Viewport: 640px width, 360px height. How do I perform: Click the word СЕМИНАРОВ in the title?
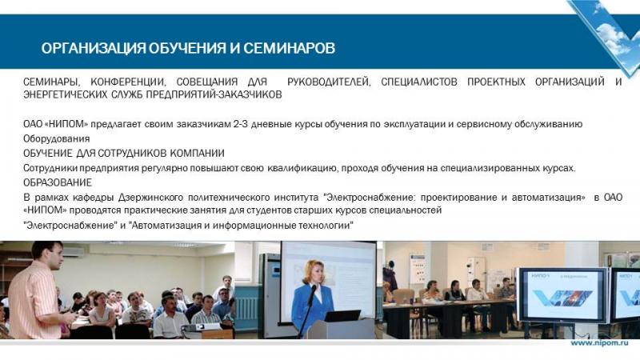tap(289, 48)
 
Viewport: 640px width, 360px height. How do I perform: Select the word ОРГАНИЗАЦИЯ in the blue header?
tap(93, 48)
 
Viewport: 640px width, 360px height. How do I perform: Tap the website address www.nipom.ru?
tap(599, 343)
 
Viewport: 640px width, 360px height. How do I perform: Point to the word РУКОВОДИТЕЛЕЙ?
tap(329, 82)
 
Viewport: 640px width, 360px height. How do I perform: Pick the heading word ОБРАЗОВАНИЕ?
tap(58, 182)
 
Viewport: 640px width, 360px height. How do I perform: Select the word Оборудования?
tap(56, 138)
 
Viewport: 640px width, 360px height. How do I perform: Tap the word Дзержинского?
tap(150, 198)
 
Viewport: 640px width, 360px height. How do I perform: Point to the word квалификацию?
tap(303, 168)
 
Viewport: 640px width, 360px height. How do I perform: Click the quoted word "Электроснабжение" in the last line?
tap(70, 226)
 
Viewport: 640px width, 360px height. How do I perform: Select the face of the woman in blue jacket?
tap(318, 274)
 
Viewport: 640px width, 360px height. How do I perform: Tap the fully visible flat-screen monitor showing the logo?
tap(562, 295)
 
